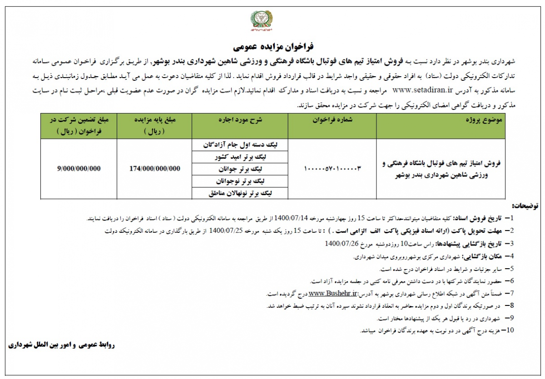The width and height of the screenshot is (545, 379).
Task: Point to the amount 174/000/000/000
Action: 155,168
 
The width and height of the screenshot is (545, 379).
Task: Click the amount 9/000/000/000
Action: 79,168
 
